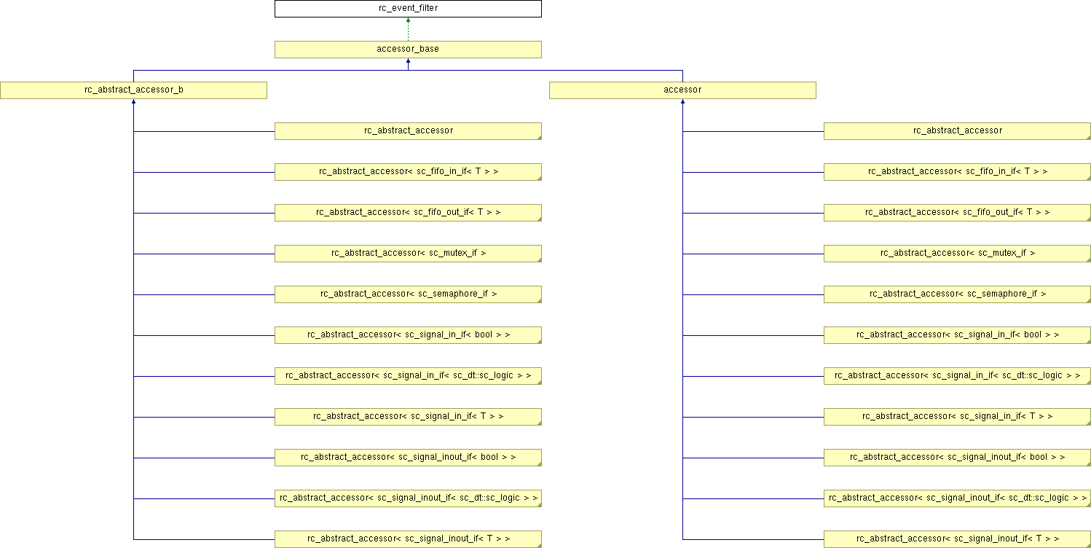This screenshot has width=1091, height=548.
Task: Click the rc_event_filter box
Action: pyautogui.click(x=408, y=9)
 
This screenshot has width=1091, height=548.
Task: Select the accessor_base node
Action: pyautogui.click(x=408, y=50)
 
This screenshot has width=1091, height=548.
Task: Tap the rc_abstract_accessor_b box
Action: pyautogui.click(x=133, y=90)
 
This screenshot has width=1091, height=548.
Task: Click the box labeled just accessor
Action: pyautogui.click(x=682, y=90)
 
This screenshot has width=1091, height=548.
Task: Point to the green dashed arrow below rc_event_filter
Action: pyautogui.click(x=408, y=29)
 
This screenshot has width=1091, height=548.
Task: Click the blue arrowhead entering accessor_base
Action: pyautogui.click(x=408, y=61)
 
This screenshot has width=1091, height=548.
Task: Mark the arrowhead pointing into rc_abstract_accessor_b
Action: pyautogui.click(x=133, y=101)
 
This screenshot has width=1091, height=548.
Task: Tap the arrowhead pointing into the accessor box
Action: pyautogui.click(x=683, y=101)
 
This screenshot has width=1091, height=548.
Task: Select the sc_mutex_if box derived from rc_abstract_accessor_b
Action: pyautogui.click(x=408, y=254)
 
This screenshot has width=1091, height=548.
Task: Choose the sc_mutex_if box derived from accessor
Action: pyautogui.click(x=957, y=254)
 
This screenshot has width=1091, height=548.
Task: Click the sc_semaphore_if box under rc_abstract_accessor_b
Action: pyautogui.click(x=408, y=294)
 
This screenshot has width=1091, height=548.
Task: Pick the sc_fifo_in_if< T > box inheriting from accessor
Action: pyautogui.click(x=957, y=172)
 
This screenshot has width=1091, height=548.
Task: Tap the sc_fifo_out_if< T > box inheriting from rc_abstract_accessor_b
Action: pyautogui.click(x=408, y=213)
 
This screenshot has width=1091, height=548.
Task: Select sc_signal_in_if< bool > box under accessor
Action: pyautogui.click(x=957, y=335)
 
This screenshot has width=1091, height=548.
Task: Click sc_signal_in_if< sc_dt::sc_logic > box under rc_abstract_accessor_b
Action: pyautogui.click(x=408, y=376)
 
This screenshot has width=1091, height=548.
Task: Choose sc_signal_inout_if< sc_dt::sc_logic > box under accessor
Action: pyautogui.click(x=957, y=498)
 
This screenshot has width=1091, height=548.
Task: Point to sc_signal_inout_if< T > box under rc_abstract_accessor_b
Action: pyautogui.click(x=408, y=539)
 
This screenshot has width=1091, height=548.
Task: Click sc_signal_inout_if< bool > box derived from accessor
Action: pyautogui.click(x=957, y=458)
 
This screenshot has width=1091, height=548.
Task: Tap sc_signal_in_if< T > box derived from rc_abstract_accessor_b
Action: pyautogui.click(x=408, y=417)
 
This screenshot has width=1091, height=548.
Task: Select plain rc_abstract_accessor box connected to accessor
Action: pyautogui.click(x=957, y=131)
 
